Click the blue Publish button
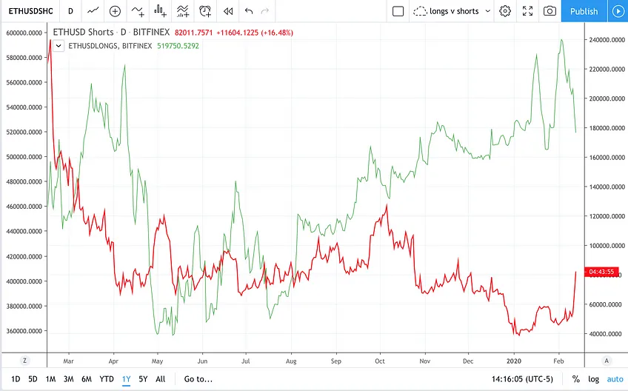coord(584,11)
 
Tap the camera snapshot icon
coord(549,11)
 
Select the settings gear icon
coord(505,11)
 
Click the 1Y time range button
coord(126,379)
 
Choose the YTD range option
coord(107,379)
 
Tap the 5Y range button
coord(143,379)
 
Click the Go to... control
coord(198,379)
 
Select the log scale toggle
coord(593,379)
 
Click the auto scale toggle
coord(615,379)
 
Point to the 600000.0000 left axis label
coord(24,33)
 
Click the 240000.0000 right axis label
coord(607,40)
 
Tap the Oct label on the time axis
coord(380,361)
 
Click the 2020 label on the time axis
coord(514,361)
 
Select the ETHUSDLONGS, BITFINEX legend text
coord(110,46)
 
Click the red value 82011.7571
coord(194,33)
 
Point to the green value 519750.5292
coord(178,46)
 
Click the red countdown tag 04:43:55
coord(601,272)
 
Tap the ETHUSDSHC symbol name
coord(31,11)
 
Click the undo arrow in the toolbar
coord(249,11)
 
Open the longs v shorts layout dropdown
coord(452,11)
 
